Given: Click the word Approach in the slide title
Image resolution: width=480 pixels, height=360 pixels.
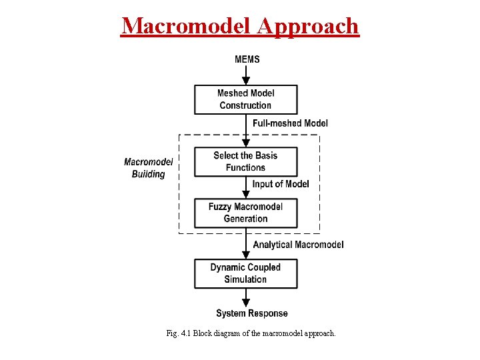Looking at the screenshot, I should pyautogui.click(x=308, y=26).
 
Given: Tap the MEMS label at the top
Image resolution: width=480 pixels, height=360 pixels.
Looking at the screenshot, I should pyautogui.click(x=247, y=59).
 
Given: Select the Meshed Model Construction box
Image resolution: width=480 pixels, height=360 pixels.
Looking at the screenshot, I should pyautogui.click(x=245, y=99).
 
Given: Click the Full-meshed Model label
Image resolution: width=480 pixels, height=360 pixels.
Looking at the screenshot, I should pyautogui.click(x=290, y=123).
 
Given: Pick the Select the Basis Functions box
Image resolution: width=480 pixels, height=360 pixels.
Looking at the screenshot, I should pyautogui.click(x=245, y=161).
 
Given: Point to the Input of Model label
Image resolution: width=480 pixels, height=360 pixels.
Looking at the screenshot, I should pyautogui.click(x=281, y=184).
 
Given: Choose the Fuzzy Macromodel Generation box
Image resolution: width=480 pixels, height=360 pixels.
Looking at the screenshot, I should pyautogui.click(x=245, y=213).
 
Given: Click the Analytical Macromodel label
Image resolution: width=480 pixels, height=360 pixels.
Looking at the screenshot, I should pyautogui.click(x=298, y=245).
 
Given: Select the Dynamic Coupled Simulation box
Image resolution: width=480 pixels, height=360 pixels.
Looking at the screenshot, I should pyautogui.click(x=245, y=273).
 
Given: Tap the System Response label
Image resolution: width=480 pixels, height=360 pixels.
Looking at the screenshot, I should pyautogui.click(x=252, y=313).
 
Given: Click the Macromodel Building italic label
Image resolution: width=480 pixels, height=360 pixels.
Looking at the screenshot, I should pyautogui.click(x=148, y=168).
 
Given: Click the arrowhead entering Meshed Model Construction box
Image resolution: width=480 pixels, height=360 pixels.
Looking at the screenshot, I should pyautogui.click(x=246, y=80).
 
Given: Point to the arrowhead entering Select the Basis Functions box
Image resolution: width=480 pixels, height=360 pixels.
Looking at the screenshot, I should pyautogui.click(x=246, y=143).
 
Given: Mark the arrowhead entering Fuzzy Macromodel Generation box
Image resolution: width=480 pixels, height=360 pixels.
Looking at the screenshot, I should pyautogui.click(x=246, y=194).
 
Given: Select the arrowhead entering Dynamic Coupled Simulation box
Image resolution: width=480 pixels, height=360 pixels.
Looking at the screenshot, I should pyautogui.click(x=246, y=255).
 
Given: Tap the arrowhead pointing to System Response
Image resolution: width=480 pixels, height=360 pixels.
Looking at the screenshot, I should pyautogui.click(x=246, y=303).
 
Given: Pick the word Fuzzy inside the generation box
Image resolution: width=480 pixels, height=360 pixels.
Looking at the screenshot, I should pyautogui.click(x=220, y=207).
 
